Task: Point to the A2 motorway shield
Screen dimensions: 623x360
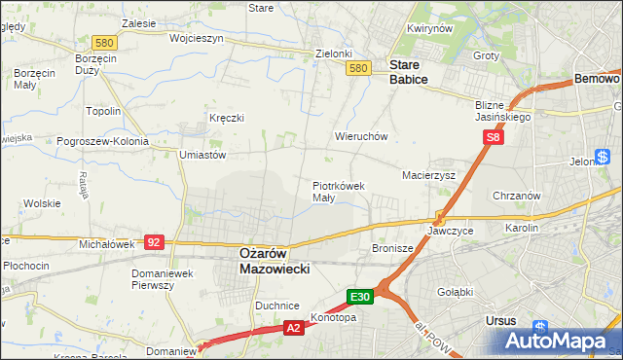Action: tap(293, 329)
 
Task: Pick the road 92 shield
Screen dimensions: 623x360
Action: tap(153, 241)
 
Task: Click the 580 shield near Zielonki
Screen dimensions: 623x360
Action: tap(358, 67)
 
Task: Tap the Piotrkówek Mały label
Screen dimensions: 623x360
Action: tap(338, 191)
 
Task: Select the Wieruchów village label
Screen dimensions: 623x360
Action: tap(361, 137)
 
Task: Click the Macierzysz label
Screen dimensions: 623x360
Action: tap(429, 176)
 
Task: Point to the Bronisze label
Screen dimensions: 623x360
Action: tap(393, 248)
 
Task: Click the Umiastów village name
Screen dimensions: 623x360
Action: tap(202, 154)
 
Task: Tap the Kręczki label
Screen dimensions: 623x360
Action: tap(226, 118)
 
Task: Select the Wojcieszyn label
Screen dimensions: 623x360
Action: tap(196, 38)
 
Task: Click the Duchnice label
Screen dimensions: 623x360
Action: tap(276, 306)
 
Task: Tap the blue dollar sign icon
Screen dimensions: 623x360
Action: tap(605, 155)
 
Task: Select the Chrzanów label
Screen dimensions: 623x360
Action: tap(516, 196)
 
